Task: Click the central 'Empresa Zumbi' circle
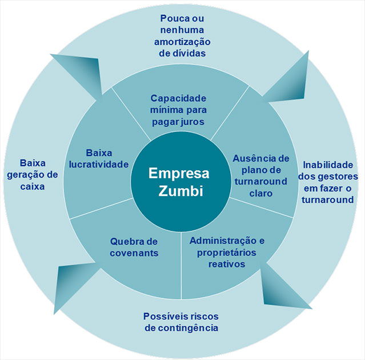[x=179, y=182]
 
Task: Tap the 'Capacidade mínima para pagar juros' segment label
[x=178, y=110]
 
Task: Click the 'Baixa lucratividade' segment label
[x=99, y=159]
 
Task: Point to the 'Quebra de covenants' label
[x=134, y=247]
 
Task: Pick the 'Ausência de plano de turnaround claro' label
[x=261, y=175]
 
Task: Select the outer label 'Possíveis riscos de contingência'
[x=181, y=322]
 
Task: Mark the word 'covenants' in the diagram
[x=134, y=253]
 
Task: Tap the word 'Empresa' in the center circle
[x=179, y=173]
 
